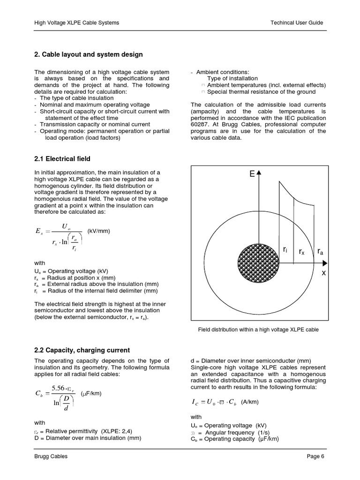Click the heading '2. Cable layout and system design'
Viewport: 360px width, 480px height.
(89, 55)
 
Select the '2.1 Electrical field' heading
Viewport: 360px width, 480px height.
(62, 159)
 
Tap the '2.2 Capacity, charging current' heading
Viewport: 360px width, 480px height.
(82, 350)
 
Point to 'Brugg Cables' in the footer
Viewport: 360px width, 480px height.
(51, 457)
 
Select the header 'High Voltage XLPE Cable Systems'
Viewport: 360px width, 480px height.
(77, 22)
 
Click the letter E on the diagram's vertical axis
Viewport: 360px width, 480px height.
(252, 174)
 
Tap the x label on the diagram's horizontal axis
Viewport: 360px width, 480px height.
(323, 273)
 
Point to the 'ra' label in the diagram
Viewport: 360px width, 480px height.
(320, 252)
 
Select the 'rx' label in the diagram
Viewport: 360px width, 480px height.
(301, 252)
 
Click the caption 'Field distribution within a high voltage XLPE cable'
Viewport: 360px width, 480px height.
(259, 330)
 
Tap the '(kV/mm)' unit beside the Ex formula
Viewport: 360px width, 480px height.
(99, 231)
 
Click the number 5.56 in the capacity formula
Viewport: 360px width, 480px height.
(60, 388)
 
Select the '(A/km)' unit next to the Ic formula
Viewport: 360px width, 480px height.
(250, 402)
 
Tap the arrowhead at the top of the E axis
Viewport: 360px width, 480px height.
(259, 172)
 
